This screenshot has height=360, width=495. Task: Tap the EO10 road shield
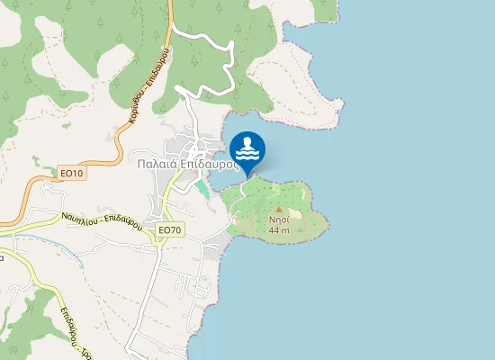pyautogui.click(x=72, y=174)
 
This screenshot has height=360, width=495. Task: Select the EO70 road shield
pyautogui.click(x=169, y=230)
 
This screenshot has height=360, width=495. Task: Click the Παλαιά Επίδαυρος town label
pyautogui.click(x=188, y=165)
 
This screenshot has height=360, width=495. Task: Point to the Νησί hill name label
pyautogui.click(x=279, y=220)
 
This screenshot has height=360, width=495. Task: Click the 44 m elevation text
pyautogui.click(x=279, y=230)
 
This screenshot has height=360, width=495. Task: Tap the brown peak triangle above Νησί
pyautogui.click(x=279, y=209)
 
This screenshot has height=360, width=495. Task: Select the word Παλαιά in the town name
pyautogui.click(x=155, y=165)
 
